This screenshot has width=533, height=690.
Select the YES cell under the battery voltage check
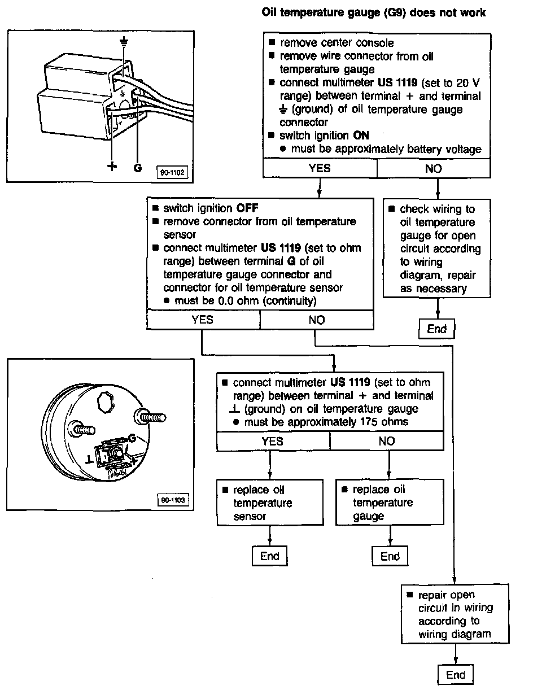pyautogui.click(x=320, y=168)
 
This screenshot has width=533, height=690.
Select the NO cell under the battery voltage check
pyautogui.click(x=433, y=168)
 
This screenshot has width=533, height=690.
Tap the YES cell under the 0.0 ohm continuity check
pyautogui.click(x=203, y=320)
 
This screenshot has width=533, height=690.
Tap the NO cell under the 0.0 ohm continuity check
pyautogui.click(x=317, y=320)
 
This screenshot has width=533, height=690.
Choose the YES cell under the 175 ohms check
pyautogui.click(x=273, y=442)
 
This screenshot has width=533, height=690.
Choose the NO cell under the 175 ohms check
pyautogui.click(x=387, y=442)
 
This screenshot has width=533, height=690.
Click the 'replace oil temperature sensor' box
pyautogui.click(x=262, y=503)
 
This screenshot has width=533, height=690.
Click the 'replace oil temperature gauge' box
pyautogui.click(x=390, y=503)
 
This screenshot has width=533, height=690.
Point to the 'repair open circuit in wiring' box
pyautogui.click(x=455, y=614)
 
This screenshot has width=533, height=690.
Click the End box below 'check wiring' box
pyautogui.click(x=436, y=329)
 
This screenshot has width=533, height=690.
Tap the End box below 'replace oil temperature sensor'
pyautogui.click(x=270, y=556)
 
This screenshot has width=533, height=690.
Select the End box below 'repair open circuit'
pyautogui.click(x=455, y=675)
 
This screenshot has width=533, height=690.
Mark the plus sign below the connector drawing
pyautogui.click(x=112, y=167)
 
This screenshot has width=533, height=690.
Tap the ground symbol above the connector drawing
pyautogui.click(x=125, y=41)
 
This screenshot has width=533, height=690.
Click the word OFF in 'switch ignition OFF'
pyautogui.click(x=247, y=208)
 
